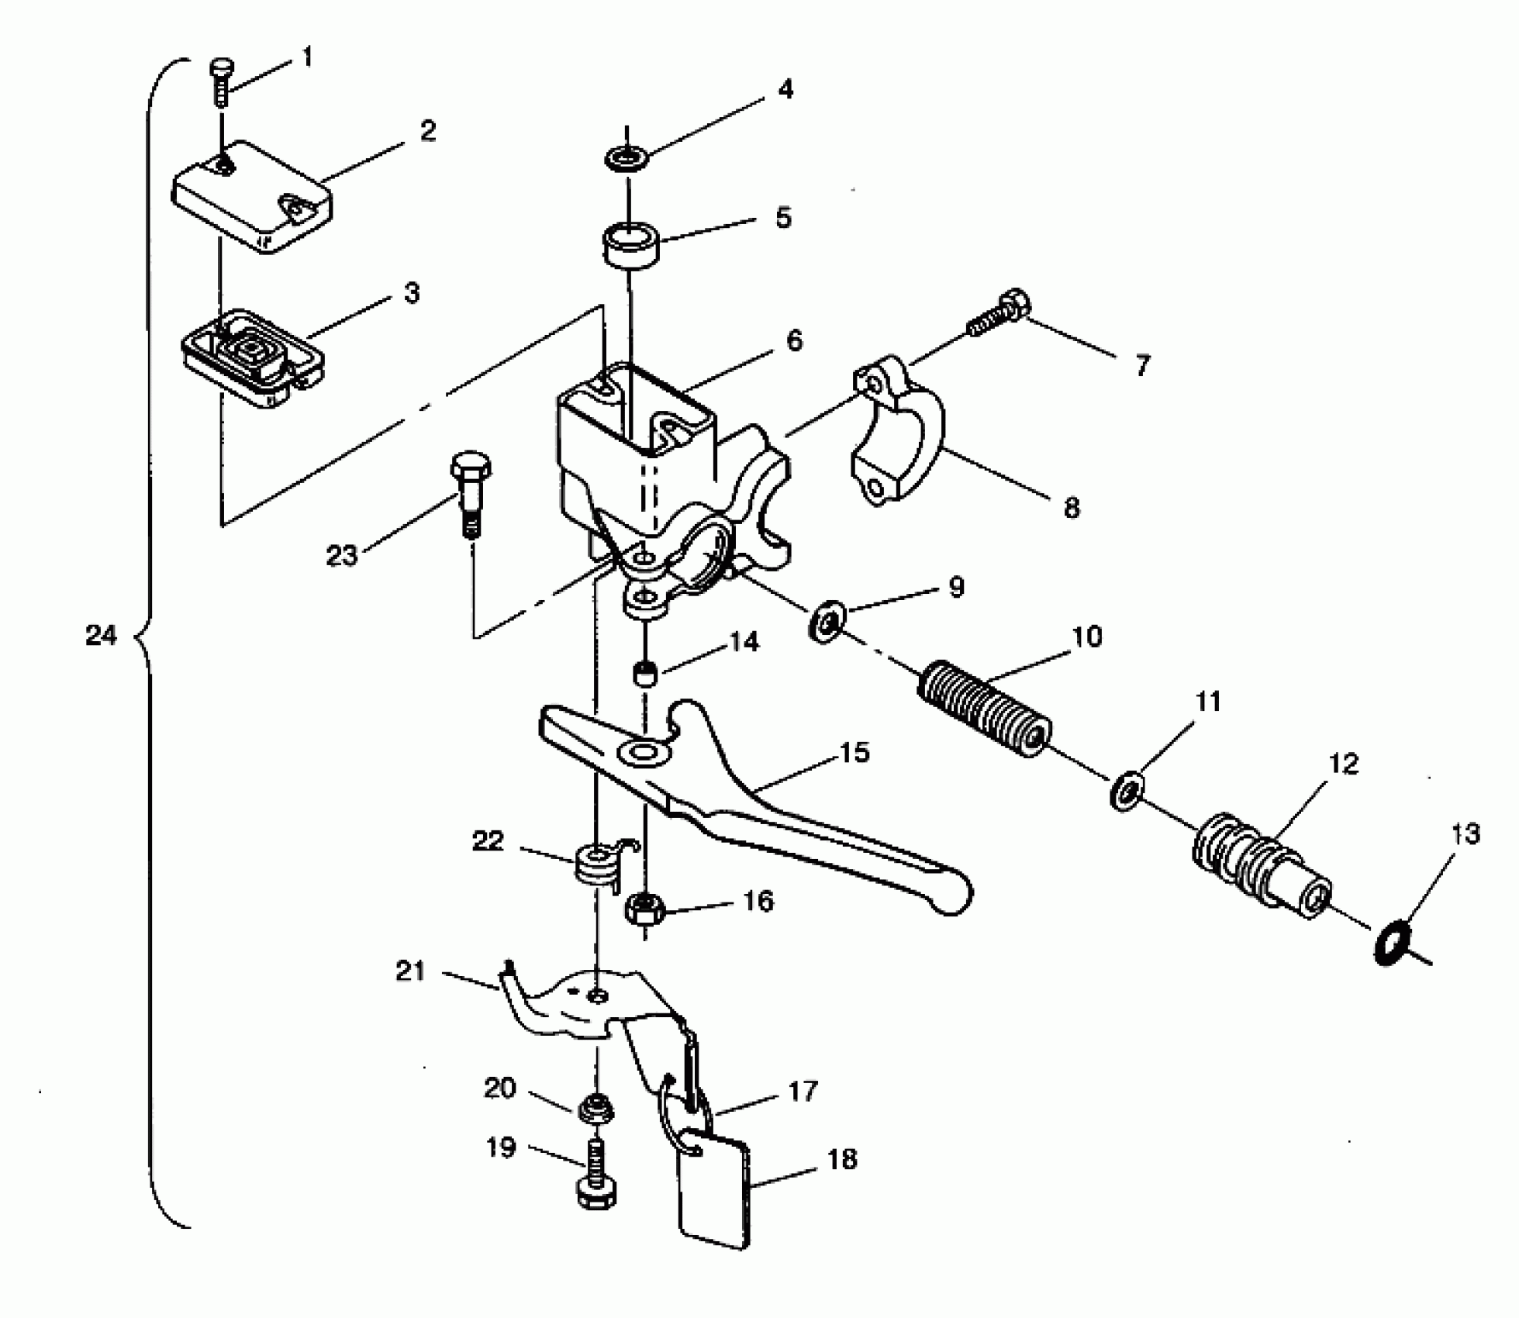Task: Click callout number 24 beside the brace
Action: (101, 637)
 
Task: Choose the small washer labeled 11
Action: (1125, 792)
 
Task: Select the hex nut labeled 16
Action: (644, 908)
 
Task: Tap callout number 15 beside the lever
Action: (854, 752)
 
